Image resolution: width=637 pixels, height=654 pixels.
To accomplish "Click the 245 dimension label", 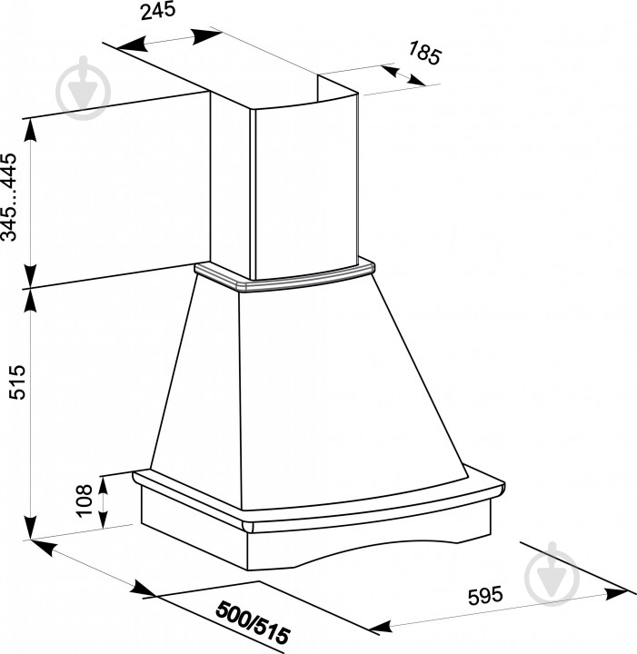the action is tap(158, 10).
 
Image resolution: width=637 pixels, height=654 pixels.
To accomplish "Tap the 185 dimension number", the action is tap(424, 53).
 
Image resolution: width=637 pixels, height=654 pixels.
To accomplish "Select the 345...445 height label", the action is tap(9, 197).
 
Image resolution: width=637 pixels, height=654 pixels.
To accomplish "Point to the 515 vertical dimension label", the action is tap(17, 382).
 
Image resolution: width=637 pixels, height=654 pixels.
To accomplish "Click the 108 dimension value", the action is tap(85, 500).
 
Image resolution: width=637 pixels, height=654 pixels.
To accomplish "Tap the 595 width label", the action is tap(485, 596).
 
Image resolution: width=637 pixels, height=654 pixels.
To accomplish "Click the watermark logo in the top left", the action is tap(84, 88).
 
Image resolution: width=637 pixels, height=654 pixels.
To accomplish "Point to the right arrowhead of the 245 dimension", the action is tap(206, 35).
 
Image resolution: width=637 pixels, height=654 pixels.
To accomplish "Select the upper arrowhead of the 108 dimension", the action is tap(103, 483).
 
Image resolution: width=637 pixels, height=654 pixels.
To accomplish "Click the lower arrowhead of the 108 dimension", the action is tap(103, 519).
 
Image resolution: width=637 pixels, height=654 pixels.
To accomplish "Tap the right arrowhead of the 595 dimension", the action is tap(614, 593).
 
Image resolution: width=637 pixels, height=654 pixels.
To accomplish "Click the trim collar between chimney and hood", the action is tap(284, 276).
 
